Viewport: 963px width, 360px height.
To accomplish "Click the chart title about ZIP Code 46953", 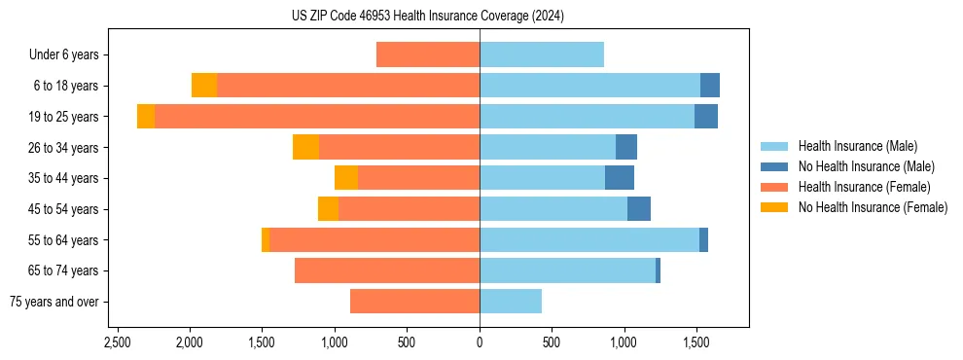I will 427,17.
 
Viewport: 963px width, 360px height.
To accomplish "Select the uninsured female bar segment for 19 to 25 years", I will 146,117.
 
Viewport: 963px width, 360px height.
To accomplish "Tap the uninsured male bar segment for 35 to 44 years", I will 620,178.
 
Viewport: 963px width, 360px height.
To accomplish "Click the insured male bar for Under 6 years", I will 542,54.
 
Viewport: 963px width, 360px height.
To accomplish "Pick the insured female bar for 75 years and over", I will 414,302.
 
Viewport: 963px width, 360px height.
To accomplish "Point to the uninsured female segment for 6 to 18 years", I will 204,86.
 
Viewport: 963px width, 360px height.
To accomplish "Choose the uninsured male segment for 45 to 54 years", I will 639,209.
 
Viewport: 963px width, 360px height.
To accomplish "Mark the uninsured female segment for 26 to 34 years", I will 305,147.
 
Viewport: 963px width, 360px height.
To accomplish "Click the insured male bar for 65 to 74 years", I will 567,270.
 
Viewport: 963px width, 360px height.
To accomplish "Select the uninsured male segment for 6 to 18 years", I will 710,86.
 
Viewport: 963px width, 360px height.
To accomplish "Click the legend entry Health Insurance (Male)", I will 857,146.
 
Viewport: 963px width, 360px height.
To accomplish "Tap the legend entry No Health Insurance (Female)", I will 873,207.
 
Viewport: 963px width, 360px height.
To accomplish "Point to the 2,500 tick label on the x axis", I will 117,343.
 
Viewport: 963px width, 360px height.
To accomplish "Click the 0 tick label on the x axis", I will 480,343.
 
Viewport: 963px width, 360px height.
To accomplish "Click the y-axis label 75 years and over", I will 54,302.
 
